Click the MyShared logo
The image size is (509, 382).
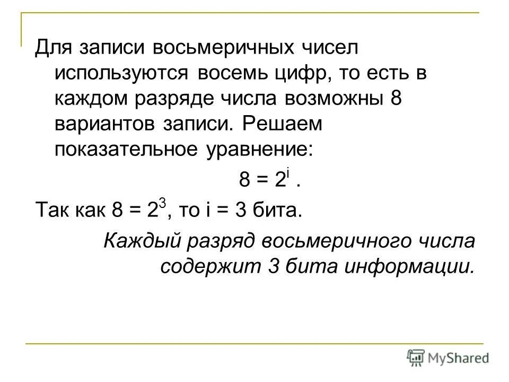pyautogui.click(x=448, y=357)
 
